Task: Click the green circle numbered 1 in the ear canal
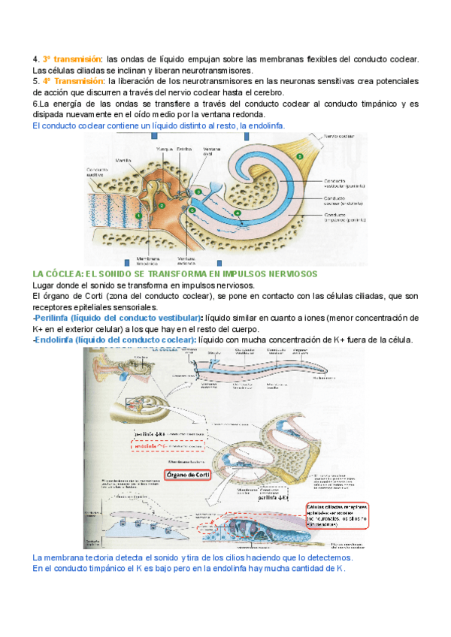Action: [138, 216]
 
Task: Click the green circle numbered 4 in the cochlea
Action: [238, 214]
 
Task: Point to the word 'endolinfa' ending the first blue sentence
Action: [265, 126]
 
